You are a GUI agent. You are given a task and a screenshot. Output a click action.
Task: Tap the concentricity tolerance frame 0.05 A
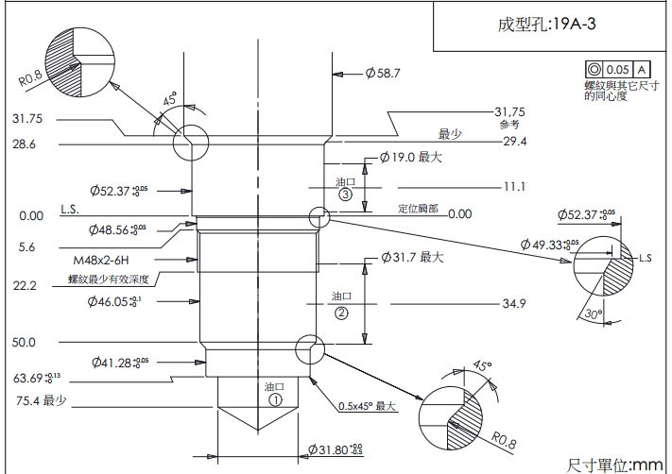(x=617, y=70)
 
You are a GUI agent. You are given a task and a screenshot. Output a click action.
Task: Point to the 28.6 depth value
(x=25, y=144)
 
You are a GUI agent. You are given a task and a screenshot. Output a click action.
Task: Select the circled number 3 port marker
(x=345, y=195)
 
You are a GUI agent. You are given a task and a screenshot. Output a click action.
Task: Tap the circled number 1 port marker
(x=275, y=399)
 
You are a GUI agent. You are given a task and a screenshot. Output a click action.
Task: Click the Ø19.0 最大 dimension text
(x=412, y=158)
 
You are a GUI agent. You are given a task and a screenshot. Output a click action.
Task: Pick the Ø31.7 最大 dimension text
(x=413, y=257)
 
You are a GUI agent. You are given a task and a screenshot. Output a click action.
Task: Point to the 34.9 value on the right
(x=514, y=304)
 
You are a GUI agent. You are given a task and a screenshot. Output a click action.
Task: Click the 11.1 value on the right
(x=514, y=186)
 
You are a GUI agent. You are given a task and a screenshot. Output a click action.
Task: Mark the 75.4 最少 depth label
(x=41, y=401)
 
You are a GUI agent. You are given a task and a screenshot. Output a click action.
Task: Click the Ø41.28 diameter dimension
(x=122, y=362)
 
